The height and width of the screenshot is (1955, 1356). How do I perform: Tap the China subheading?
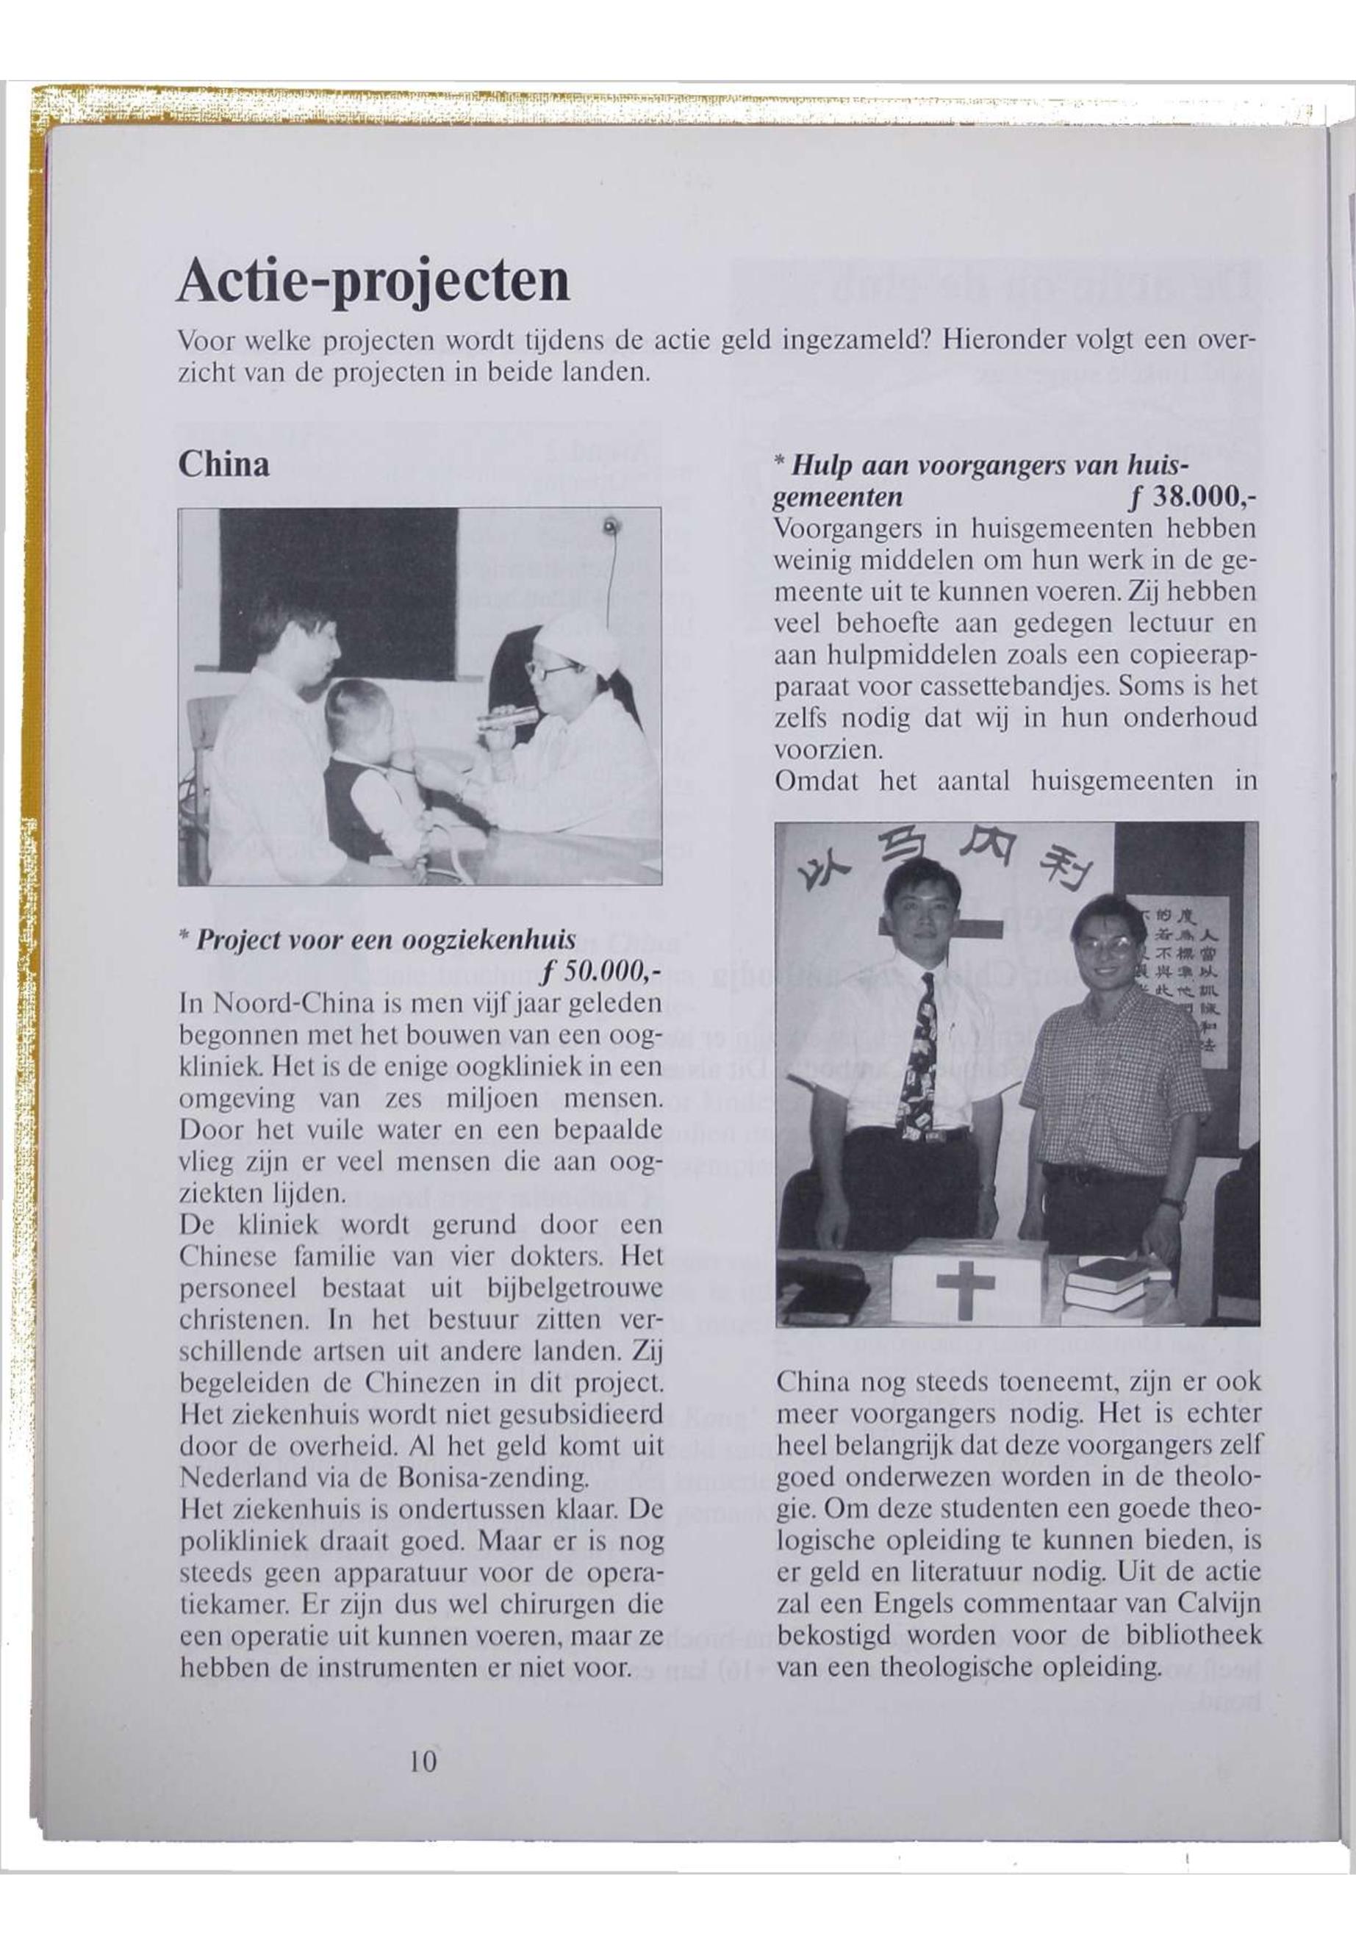click(223, 464)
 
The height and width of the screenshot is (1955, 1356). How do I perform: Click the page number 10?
click(423, 1760)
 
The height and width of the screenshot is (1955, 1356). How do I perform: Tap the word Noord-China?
click(293, 1002)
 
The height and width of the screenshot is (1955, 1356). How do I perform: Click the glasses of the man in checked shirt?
click(1105, 941)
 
